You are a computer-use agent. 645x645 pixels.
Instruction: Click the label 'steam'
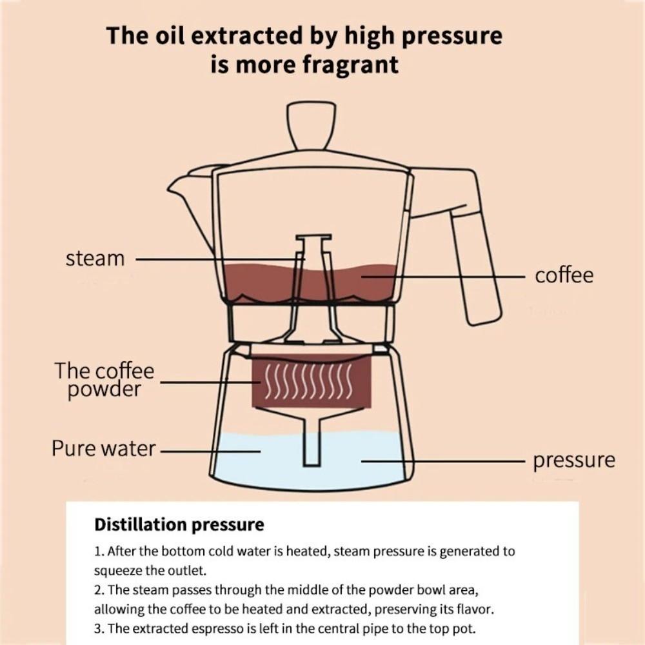95,259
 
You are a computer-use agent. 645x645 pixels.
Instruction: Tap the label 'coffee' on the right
564,275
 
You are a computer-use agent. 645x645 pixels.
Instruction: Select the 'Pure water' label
103,448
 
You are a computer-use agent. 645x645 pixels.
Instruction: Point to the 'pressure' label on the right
573,461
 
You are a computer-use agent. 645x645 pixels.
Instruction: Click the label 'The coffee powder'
104,381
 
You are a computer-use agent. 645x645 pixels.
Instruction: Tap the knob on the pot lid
312,124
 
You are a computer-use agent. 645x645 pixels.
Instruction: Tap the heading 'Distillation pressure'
179,524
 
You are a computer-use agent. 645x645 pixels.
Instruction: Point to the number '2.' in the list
99,590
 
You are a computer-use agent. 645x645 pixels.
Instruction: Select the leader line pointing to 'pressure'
445,461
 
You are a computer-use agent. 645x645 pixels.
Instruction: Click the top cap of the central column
313,237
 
